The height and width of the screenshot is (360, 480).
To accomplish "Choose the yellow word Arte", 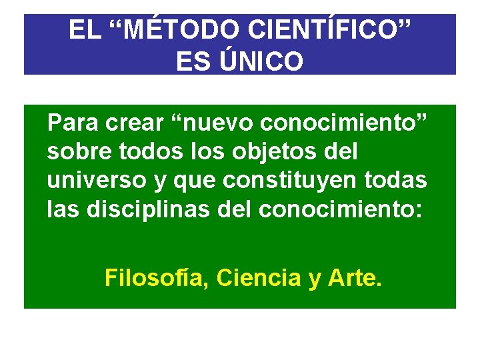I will coord(355,277).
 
